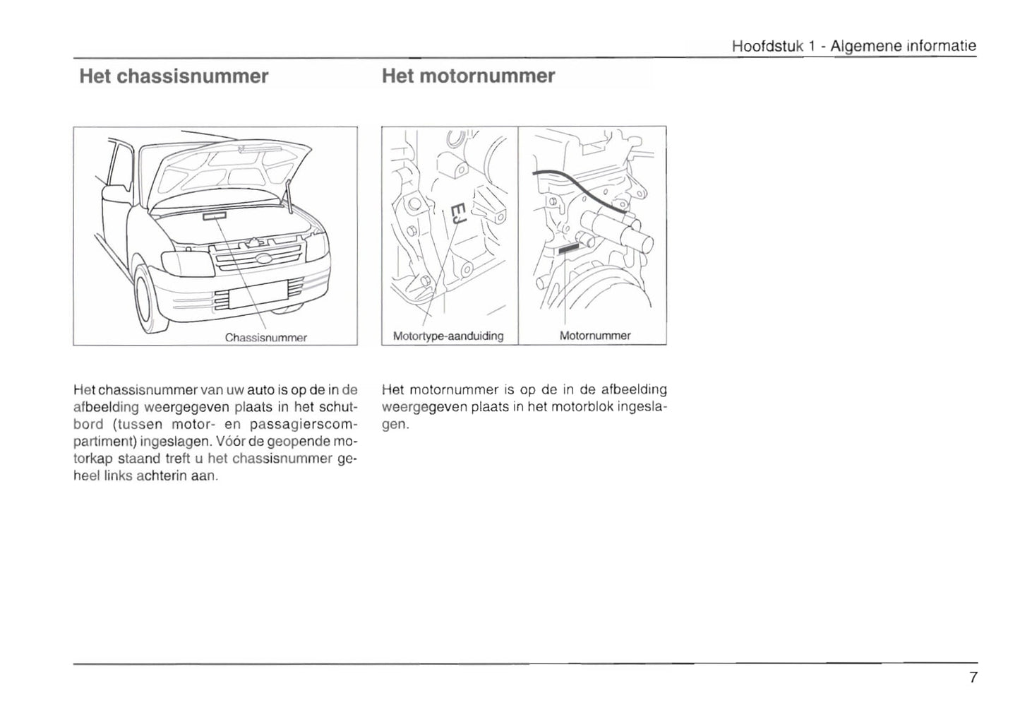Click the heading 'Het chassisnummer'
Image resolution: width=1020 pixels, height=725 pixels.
(x=174, y=76)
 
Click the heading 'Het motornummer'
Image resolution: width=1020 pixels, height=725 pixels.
(x=468, y=76)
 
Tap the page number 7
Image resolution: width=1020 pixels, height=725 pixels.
(x=973, y=678)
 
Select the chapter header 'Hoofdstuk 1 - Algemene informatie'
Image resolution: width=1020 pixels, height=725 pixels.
(x=854, y=47)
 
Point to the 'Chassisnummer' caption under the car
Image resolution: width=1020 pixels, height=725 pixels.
(x=266, y=338)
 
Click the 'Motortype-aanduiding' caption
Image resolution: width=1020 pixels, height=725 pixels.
(x=448, y=336)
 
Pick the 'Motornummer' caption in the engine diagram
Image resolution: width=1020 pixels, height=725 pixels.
(x=595, y=336)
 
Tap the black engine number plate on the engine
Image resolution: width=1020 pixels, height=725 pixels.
(x=569, y=248)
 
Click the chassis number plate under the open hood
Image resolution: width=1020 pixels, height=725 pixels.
(x=215, y=216)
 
